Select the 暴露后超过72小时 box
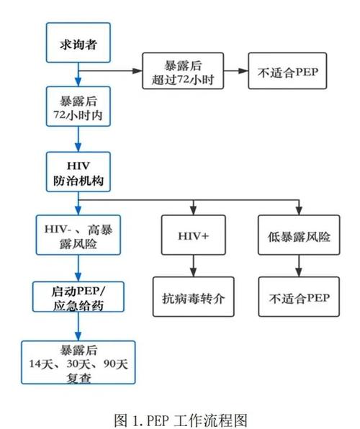(x=184, y=71)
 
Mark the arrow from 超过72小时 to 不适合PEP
(x=237, y=71)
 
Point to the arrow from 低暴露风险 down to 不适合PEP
(x=294, y=267)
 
